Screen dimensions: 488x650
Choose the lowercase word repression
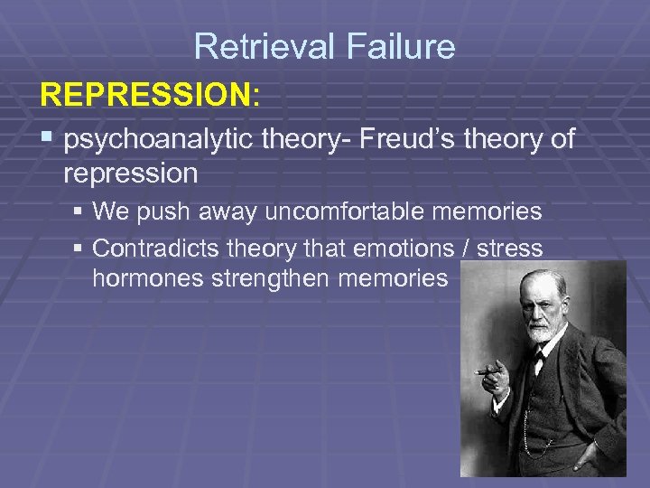coord(131,172)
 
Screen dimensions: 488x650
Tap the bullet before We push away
coord(79,212)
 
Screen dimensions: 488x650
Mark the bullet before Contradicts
coord(79,248)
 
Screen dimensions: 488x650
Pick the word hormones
coord(147,279)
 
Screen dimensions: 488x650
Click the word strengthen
coord(270,279)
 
